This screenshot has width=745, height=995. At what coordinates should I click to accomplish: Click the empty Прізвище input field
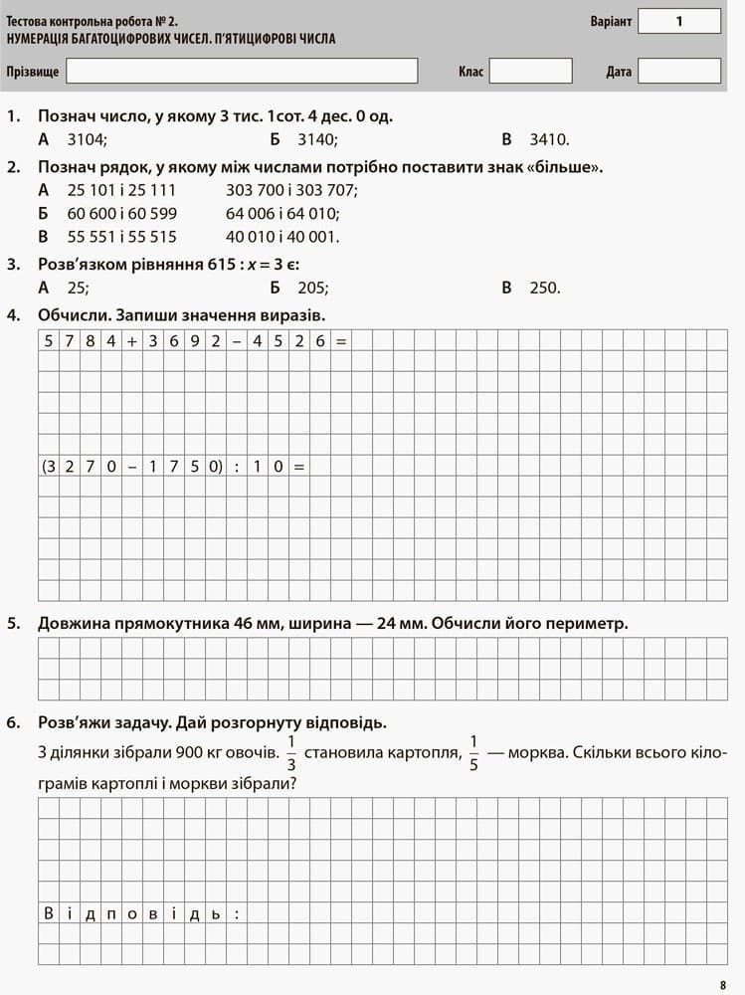(242, 71)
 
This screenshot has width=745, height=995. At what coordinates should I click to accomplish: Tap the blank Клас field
(530, 71)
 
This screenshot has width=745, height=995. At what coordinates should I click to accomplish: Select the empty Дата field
(678, 71)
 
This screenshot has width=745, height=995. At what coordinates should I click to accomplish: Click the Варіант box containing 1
(678, 21)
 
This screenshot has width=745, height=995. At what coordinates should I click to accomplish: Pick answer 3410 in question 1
(549, 140)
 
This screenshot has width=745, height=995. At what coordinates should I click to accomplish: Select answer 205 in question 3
(312, 289)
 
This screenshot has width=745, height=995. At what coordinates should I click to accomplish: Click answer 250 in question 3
(544, 289)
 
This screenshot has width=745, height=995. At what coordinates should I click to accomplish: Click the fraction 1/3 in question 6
(291, 752)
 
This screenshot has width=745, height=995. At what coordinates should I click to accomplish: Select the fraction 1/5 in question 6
(473, 752)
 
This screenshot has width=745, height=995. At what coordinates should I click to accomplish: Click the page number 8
(722, 985)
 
